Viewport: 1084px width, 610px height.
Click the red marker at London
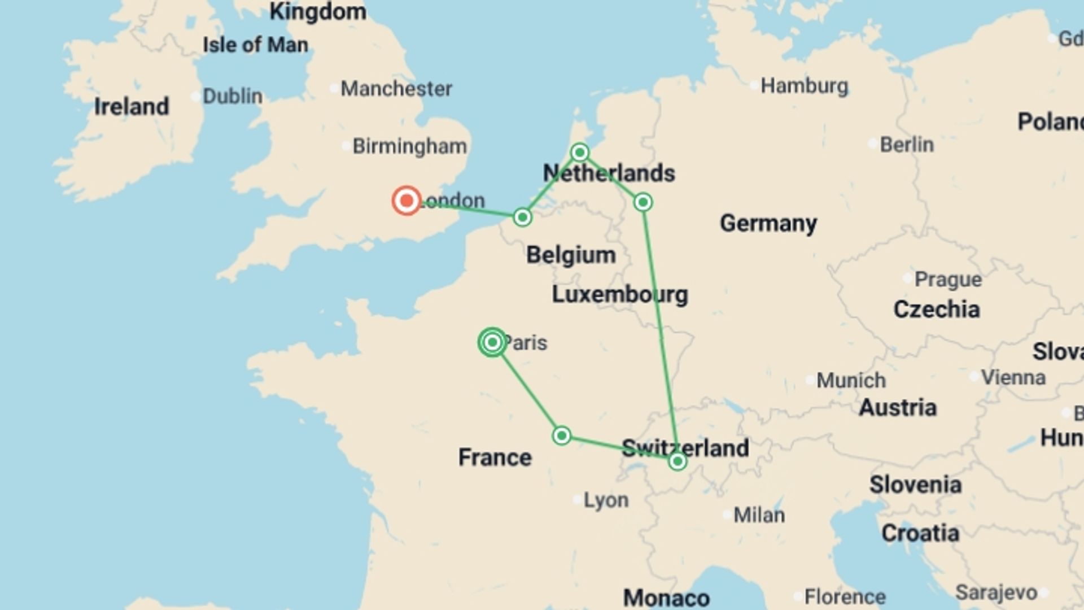[406, 201]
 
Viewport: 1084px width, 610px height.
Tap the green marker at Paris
[492, 342]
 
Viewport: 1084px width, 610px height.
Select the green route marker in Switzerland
[677, 461]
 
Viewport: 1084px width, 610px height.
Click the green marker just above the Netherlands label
[580, 152]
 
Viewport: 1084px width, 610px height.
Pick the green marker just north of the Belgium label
[522, 217]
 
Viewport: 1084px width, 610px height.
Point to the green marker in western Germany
[643, 202]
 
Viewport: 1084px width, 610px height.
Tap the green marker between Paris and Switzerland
[561, 435]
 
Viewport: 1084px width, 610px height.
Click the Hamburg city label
[804, 86]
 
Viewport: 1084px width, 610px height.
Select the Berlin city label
[906, 145]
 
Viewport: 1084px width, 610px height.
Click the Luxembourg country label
[619, 294]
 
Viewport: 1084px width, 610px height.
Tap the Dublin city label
[232, 96]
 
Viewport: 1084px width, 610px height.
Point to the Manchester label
[396, 89]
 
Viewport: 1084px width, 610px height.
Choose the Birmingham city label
[409, 146]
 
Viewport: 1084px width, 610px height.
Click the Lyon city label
[605, 500]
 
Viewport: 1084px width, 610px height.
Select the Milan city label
[758, 515]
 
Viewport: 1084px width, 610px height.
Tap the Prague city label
[947, 279]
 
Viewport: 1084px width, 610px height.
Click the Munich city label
[850, 380]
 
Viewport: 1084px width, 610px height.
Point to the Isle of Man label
[255, 45]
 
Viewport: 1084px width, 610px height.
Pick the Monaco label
[666, 598]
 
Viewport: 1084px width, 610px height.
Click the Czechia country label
[936, 310]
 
